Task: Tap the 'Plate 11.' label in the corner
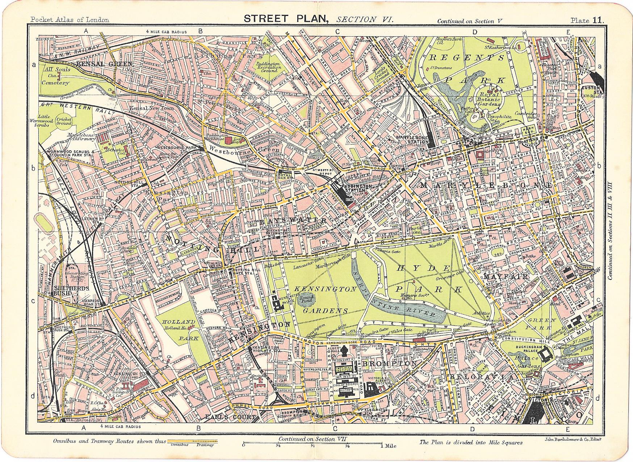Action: [587, 21]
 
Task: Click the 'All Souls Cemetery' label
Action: [56, 76]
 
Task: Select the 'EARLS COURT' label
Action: [225, 417]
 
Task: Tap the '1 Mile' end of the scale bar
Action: [389, 446]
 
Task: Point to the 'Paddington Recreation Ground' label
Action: [278, 67]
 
